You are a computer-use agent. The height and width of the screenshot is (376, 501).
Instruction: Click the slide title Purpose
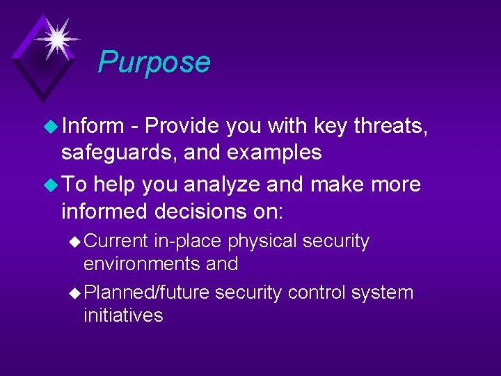coord(154,62)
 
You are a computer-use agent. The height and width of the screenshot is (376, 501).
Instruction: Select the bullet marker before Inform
coord(52,126)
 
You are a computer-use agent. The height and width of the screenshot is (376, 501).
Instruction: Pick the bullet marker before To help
coord(52,185)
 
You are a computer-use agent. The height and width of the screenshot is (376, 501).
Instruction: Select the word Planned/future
coord(146,293)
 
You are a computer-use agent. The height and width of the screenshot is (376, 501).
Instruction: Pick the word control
coord(317,292)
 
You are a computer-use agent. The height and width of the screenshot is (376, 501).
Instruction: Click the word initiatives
coord(123,315)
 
